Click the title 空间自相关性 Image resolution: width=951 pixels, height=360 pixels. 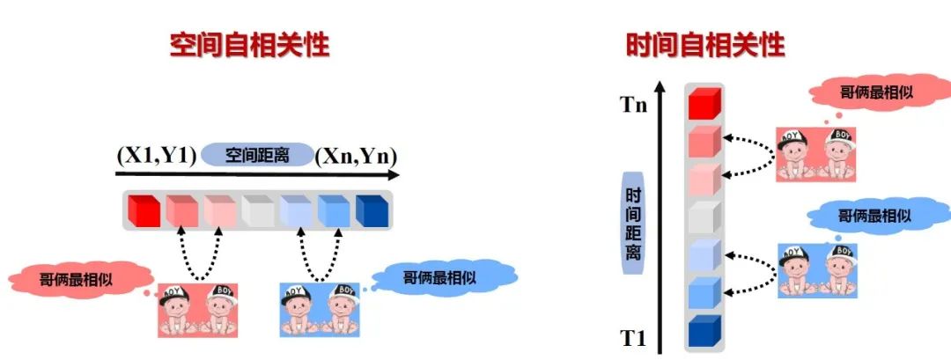click(249, 44)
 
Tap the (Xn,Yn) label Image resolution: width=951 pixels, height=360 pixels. click(357, 156)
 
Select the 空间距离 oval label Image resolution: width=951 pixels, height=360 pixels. click(257, 156)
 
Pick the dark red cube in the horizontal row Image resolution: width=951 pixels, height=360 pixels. click(143, 210)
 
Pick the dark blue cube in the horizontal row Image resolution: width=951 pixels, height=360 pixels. click(371, 210)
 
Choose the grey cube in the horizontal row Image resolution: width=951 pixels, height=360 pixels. click(257, 210)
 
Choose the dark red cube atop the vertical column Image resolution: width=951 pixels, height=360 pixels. click(704, 103)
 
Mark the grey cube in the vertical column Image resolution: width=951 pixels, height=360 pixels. click(704, 217)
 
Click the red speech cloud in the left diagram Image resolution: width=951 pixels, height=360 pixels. click(73, 280)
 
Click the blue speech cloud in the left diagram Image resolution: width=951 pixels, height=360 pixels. click(440, 277)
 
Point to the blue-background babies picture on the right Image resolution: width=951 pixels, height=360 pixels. click(817, 270)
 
